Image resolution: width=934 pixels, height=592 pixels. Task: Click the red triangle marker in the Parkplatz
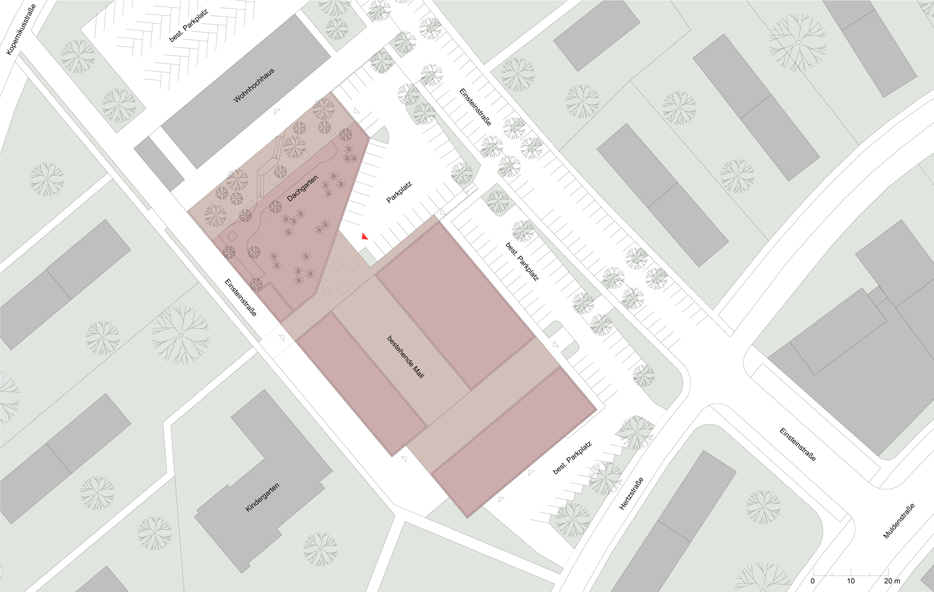pyautogui.click(x=365, y=236)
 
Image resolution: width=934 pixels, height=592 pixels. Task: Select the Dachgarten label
pyautogui.click(x=303, y=188)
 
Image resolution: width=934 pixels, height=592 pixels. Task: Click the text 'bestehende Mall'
pyautogui.click(x=406, y=357)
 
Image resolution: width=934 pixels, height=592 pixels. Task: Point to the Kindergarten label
pyautogui.click(x=263, y=497)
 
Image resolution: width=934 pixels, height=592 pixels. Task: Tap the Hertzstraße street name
pyautogui.click(x=631, y=493)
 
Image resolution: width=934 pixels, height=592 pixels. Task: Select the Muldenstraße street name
pyautogui.click(x=899, y=521)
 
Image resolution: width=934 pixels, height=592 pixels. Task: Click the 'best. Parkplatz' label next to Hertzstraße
pyautogui.click(x=572, y=458)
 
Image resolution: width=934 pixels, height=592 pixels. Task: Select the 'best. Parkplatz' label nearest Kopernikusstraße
pyautogui.click(x=189, y=26)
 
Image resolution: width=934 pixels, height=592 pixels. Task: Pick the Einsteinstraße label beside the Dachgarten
pyautogui.click(x=240, y=298)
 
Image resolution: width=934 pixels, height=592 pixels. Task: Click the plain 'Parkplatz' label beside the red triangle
pyautogui.click(x=399, y=192)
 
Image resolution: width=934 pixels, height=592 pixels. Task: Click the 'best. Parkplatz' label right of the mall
pyautogui.click(x=522, y=261)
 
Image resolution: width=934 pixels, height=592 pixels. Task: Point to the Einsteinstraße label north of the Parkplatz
pyautogui.click(x=475, y=107)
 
